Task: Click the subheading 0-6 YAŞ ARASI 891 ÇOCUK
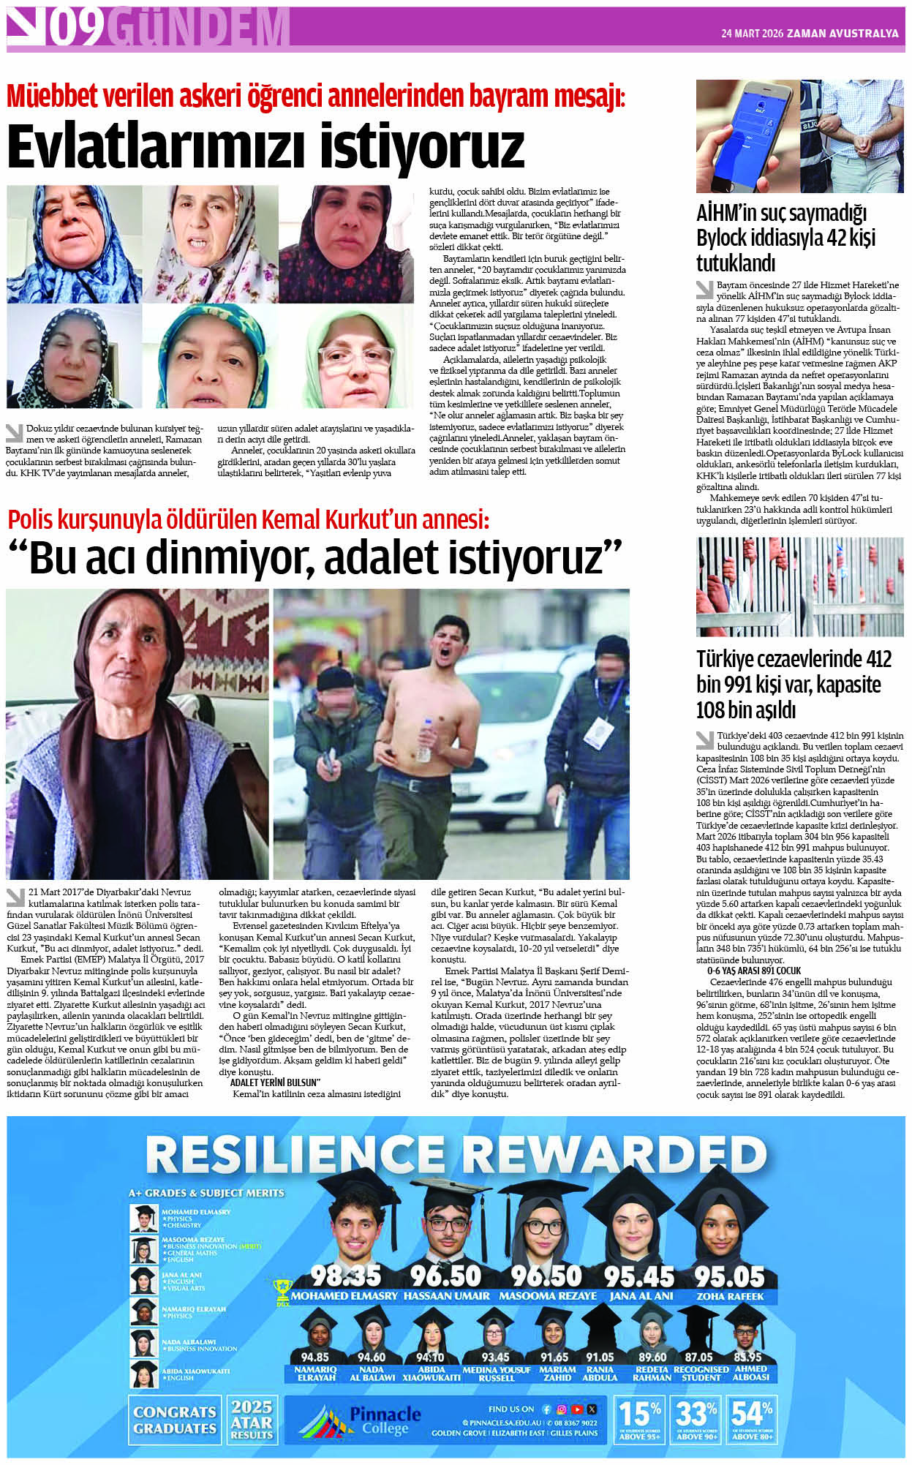[x=754, y=971]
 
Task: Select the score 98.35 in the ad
[x=345, y=1275]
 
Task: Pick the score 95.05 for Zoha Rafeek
[x=729, y=1276]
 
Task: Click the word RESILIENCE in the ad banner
[x=300, y=1156]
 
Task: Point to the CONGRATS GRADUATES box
[x=175, y=1420]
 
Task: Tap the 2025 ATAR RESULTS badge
[x=252, y=1420]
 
